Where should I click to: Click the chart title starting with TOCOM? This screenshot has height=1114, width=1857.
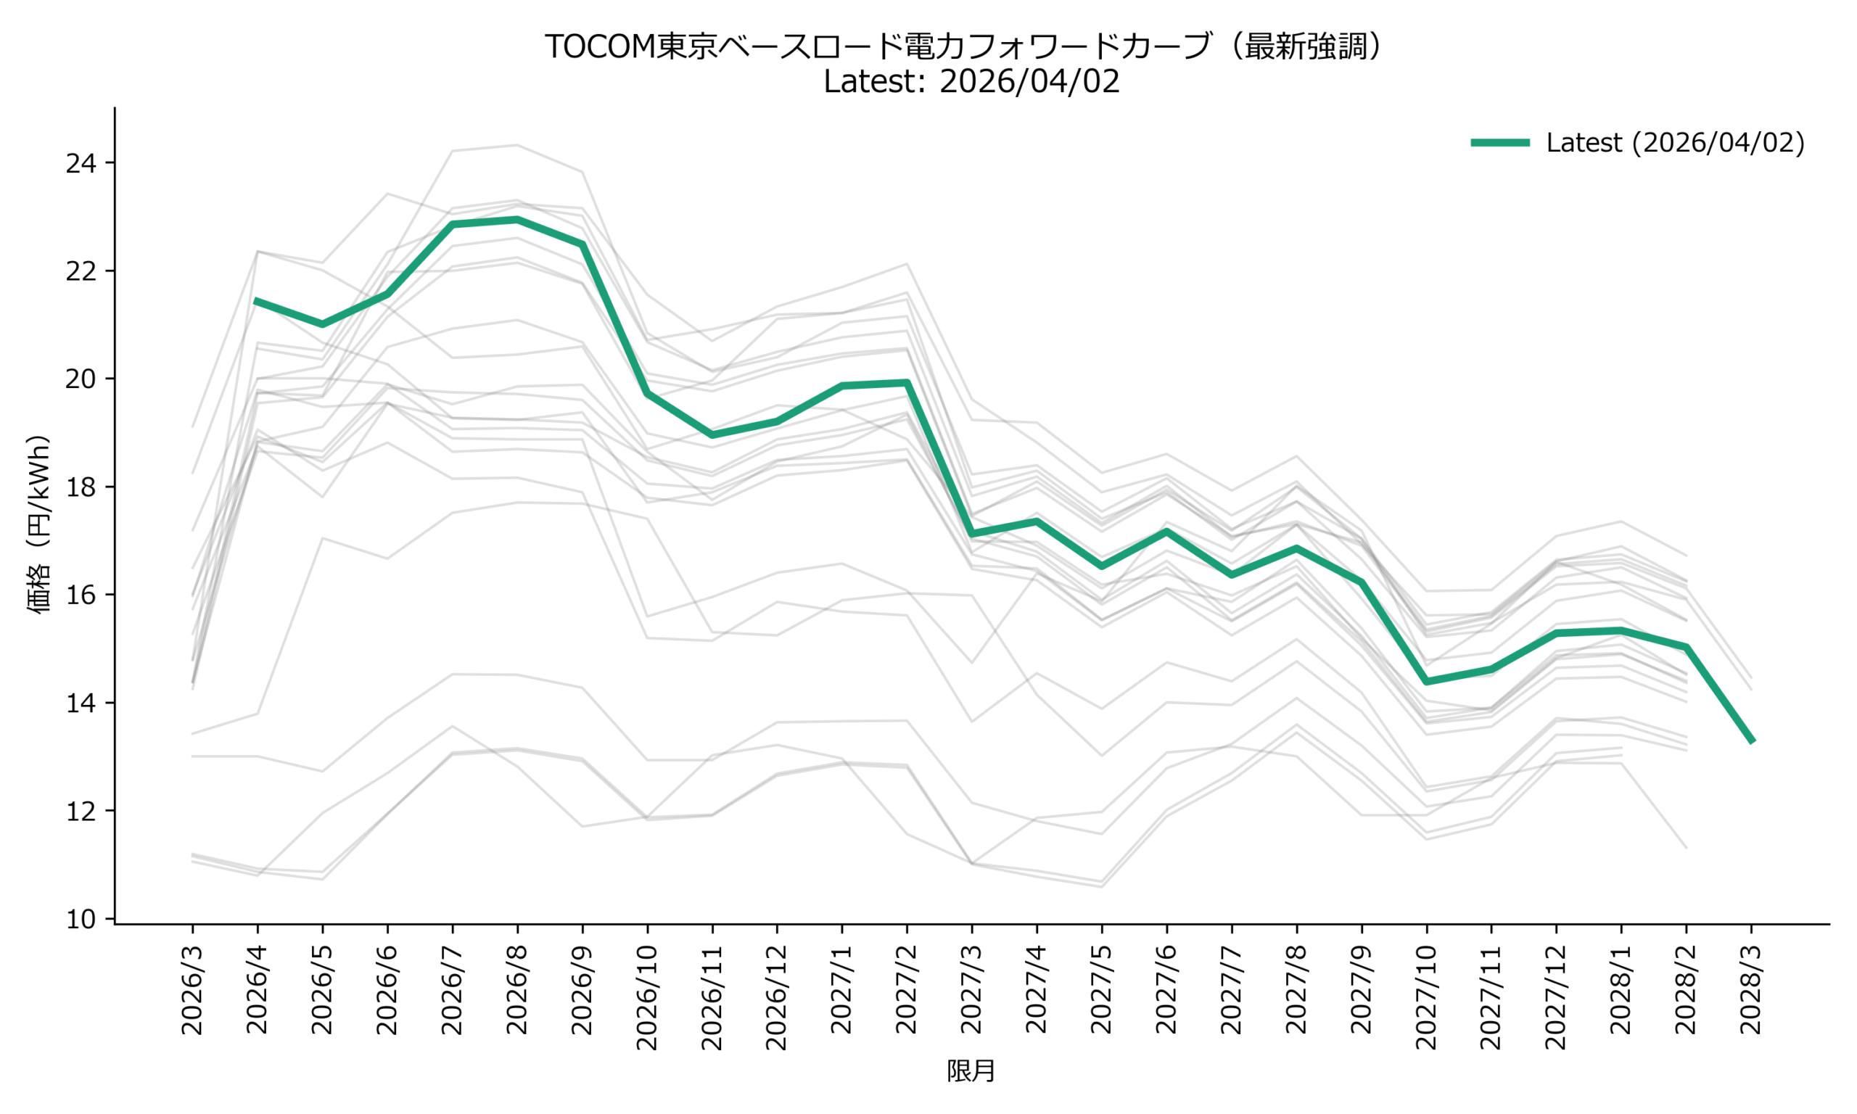tap(964, 46)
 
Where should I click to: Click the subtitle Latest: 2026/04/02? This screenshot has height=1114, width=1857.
tap(971, 81)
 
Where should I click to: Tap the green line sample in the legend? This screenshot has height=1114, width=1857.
tap(1499, 143)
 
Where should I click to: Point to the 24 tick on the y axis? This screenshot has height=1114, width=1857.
tap(82, 164)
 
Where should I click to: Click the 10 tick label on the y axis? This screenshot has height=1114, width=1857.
tap(82, 920)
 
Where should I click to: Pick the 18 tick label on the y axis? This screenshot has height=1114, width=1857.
tap(82, 487)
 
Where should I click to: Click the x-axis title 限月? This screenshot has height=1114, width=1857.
tap(971, 1071)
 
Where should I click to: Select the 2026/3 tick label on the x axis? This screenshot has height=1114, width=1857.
tap(193, 991)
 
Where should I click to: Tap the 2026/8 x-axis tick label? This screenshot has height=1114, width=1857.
tap(517, 991)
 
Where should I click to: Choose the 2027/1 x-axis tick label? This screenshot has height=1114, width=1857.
tap(842, 991)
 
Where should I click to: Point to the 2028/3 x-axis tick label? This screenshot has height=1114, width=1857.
tap(1750, 991)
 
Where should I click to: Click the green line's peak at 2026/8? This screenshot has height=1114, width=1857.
tap(517, 219)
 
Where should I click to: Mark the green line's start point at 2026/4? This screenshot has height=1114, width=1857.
tap(258, 300)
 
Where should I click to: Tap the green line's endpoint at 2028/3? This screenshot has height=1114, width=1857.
tap(1752, 742)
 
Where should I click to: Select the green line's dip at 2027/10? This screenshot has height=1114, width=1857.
tap(1426, 682)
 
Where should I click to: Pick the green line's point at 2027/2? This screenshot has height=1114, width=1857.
tap(907, 383)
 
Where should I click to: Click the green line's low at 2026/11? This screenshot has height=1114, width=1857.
tap(712, 435)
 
